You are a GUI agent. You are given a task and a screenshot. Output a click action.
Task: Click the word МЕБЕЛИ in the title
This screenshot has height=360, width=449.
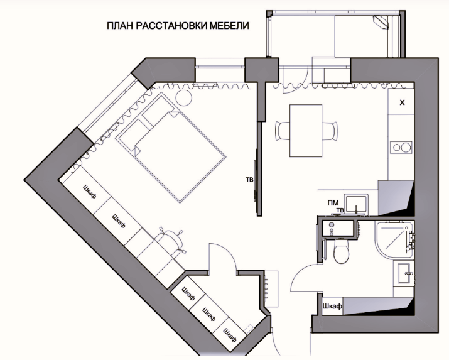click(229, 26)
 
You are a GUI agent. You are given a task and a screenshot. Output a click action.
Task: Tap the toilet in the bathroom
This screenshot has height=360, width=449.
click(342, 251)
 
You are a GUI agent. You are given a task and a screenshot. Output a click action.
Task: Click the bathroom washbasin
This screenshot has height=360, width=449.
click(404, 273)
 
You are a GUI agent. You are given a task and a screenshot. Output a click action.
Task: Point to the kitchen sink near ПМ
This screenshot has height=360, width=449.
click(355, 204)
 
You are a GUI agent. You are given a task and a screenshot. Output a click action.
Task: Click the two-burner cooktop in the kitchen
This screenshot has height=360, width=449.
click(401, 148)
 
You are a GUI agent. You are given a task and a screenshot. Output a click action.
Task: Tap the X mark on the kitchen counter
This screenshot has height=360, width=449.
click(402, 102)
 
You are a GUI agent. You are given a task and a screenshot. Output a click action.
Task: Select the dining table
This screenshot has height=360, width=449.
click(306, 131)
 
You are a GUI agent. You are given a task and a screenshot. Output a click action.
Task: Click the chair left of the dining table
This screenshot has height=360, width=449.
click(283, 131)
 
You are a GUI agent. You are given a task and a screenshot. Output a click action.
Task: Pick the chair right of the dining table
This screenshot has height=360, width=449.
click(330, 131)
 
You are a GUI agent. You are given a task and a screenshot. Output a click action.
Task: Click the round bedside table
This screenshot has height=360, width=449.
click(183, 97)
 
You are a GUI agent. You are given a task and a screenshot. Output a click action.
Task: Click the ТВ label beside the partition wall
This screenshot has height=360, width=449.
click(249, 180)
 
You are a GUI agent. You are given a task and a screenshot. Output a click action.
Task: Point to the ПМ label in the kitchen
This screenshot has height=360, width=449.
click(333, 203)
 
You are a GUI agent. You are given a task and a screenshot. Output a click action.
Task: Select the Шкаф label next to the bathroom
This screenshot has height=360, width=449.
click(332, 306)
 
